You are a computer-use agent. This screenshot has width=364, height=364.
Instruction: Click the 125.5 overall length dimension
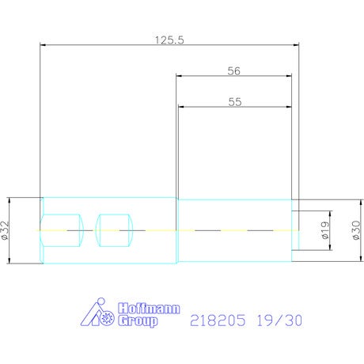pyautogui.click(x=169, y=40)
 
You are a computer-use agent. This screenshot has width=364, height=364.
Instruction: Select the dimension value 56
pyautogui.click(x=234, y=71)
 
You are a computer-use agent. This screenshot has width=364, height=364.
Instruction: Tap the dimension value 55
pyautogui.click(x=235, y=102)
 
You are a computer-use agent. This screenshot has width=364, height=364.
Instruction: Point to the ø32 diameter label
pyautogui.click(x=6, y=230)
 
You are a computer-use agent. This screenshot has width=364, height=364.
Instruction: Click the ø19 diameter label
pyautogui.click(x=326, y=230)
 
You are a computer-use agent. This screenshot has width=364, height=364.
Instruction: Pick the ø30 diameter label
pyautogui.click(x=356, y=230)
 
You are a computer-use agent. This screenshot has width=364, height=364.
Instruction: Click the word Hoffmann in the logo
pyautogui.click(x=149, y=309)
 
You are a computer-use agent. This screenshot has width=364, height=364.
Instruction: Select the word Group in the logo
pyautogui.click(x=138, y=321)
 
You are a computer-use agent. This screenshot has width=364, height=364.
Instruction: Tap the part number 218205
pyautogui.click(x=218, y=320)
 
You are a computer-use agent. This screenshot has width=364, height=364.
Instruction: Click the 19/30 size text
pyautogui.click(x=279, y=320)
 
